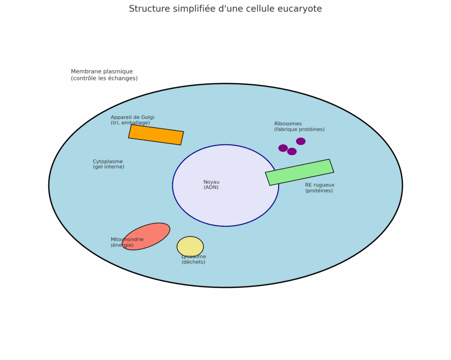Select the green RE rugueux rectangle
(x=299, y=172)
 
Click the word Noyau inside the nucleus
(x=211, y=182)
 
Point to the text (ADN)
(x=211, y=187)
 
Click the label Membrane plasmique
(x=102, y=71)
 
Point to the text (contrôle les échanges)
(x=104, y=78)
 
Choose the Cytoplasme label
(x=108, y=162)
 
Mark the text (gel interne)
(x=108, y=167)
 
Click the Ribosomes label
(x=288, y=124)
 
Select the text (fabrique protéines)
(x=299, y=129)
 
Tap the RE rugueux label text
(x=320, y=185)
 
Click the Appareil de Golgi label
(x=133, y=117)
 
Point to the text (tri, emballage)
(x=130, y=123)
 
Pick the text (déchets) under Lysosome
(x=193, y=262)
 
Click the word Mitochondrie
(x=127, y=239)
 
